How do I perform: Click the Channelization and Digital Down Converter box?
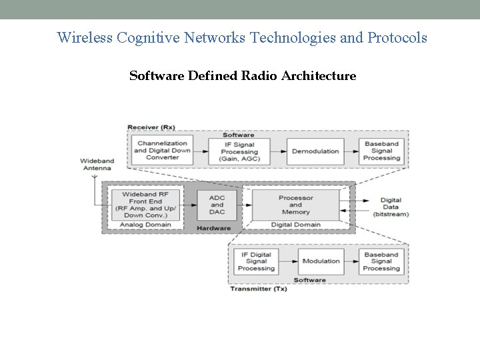point(162,151)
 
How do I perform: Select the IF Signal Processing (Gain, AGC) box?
point(239,151)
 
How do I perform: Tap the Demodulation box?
point(315,151)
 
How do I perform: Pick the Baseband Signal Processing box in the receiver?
point(382,151)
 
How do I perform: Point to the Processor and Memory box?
point(295,205)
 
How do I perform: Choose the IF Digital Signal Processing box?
point(255,261)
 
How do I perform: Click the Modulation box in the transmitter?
point(321,261)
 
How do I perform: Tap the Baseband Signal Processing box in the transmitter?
point(381,261)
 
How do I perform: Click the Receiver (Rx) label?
point(151,127)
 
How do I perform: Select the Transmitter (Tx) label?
point(258,289)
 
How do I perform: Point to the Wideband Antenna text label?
point(96,164)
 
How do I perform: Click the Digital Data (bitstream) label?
point(391,207)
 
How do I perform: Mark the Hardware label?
point(213,228)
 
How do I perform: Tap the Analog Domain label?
point(145,225)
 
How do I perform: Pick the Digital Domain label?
point(295,225)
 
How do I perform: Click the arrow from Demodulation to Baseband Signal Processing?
point(351,151)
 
